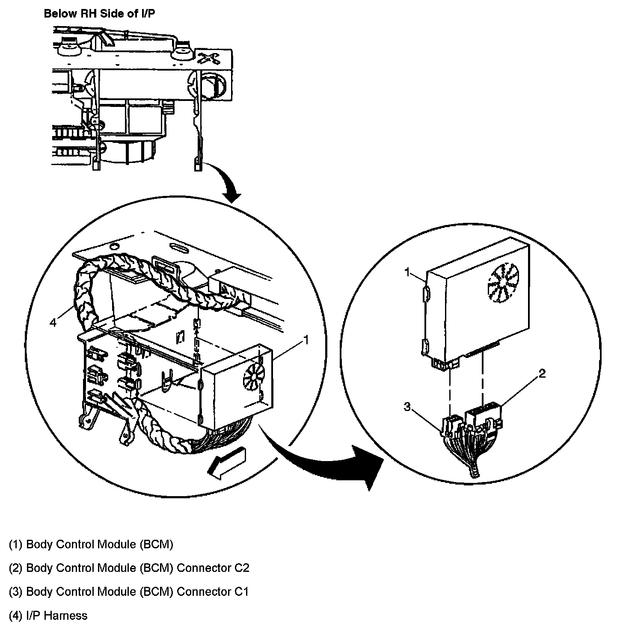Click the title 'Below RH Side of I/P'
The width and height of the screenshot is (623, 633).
(x=99, y=14)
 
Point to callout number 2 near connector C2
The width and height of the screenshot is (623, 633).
(x=542, y=374)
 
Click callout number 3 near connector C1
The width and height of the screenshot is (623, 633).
(x=407, y=407)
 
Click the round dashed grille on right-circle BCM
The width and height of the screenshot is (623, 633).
(x=504, y=282)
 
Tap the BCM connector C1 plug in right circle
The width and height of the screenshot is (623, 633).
(x=450, y=425)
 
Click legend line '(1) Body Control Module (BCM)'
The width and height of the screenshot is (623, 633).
(x=91, y=544)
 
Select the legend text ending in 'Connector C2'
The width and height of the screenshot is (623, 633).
(x=129, y=568)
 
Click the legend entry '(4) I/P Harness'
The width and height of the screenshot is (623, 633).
(x=48, y=616)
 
